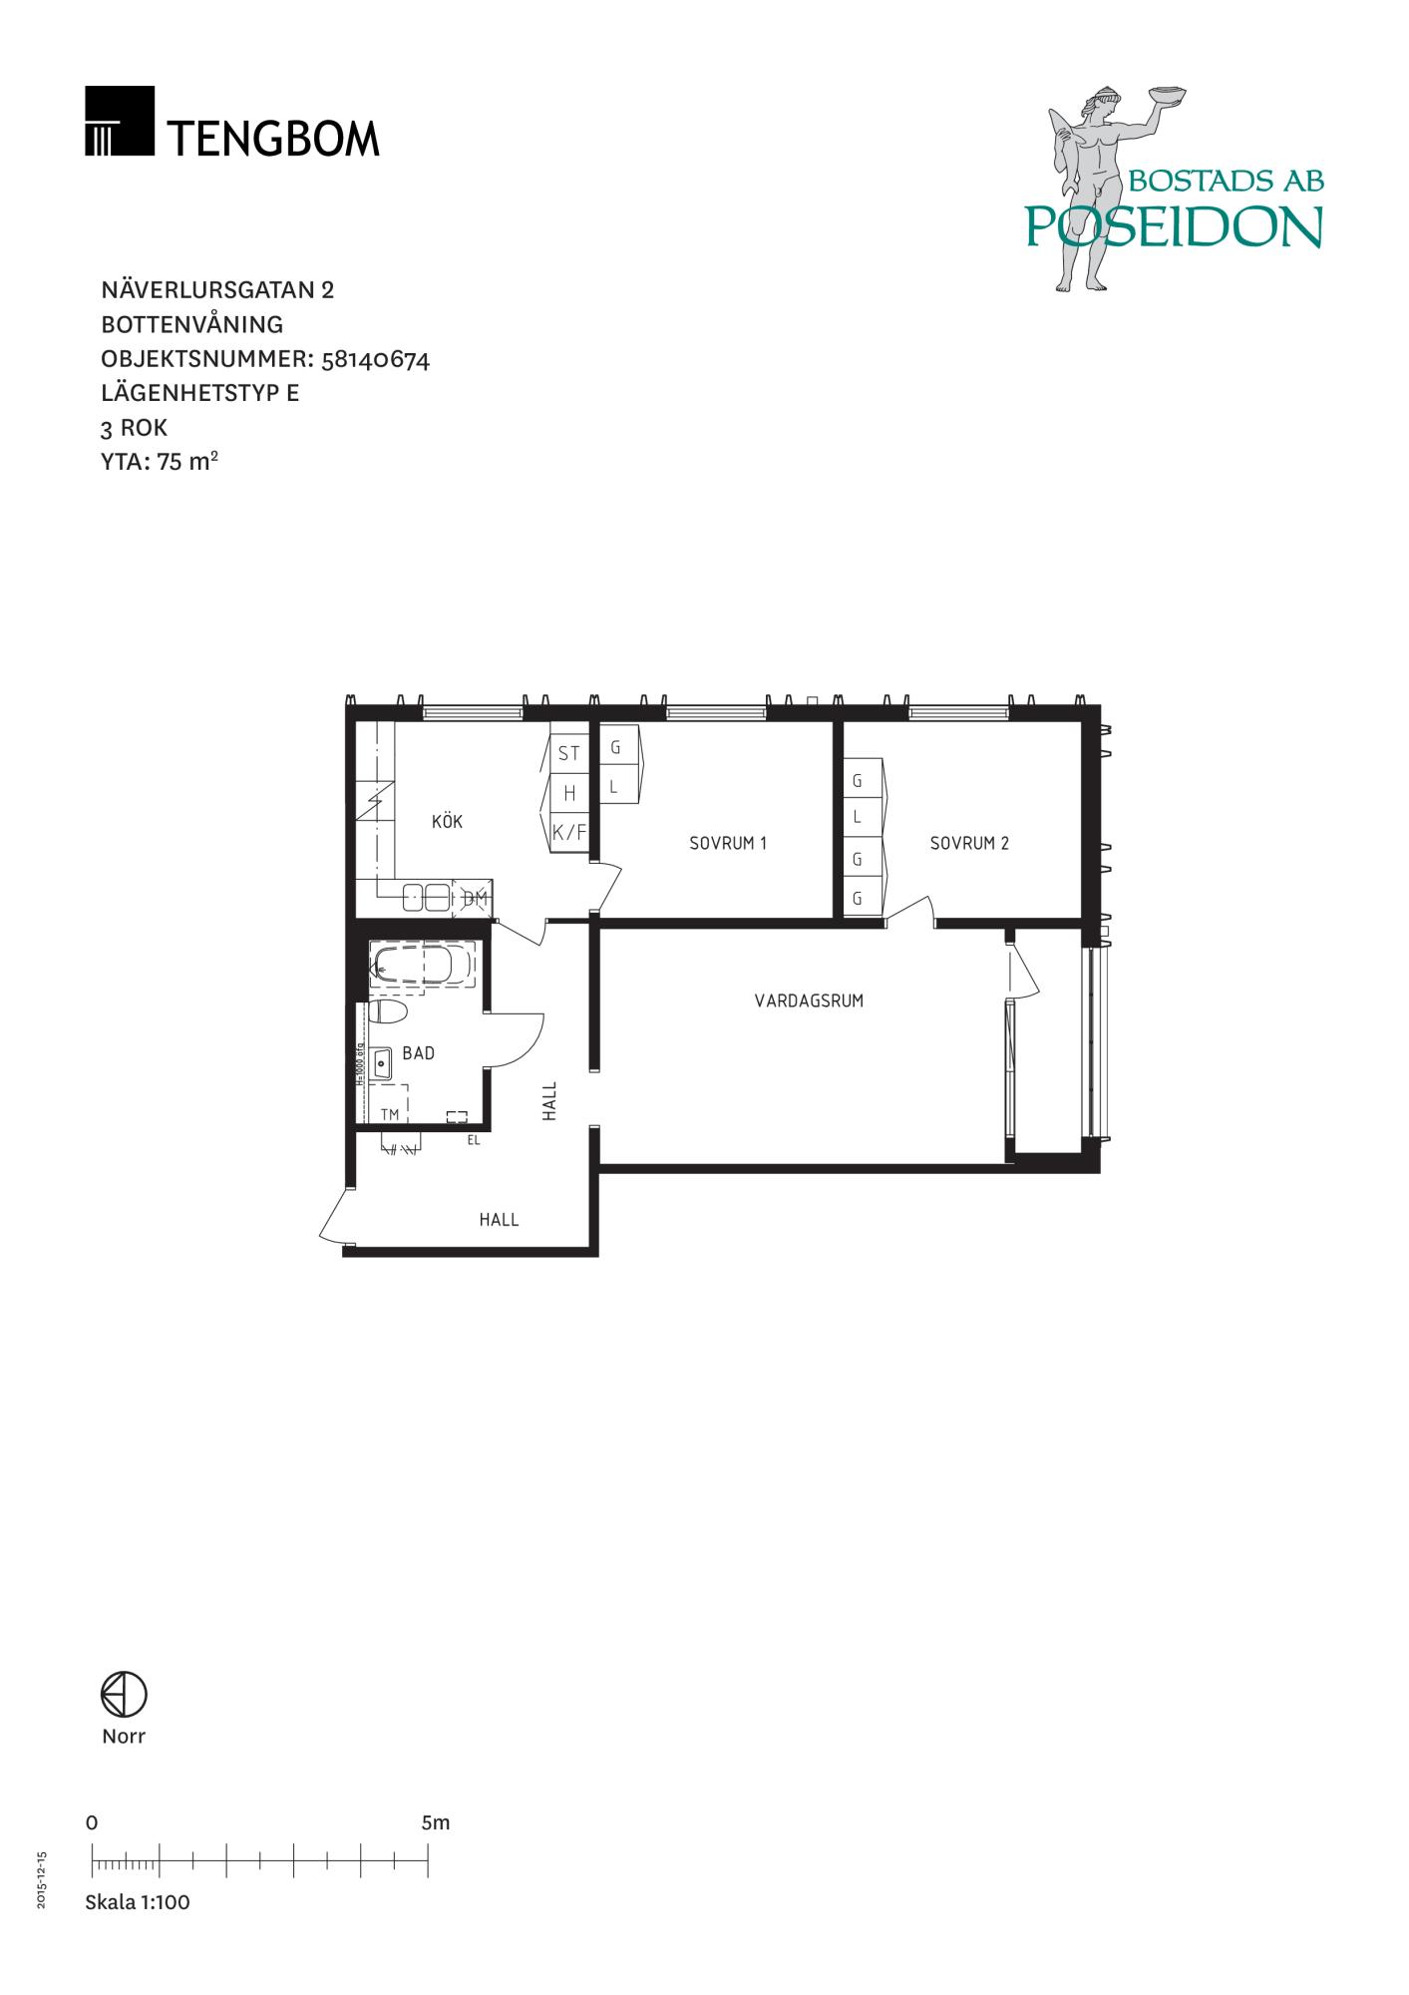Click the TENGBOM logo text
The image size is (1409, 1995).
pyautogui.click(x=272, y=138)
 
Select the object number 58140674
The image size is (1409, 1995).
pyautogui.click(x=377, y=358)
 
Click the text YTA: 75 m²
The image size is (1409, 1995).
pyautogui.click(x=160, y=461)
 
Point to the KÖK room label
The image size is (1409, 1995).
pyautogui.click(x=447, y=822)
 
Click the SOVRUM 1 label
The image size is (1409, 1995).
pyautogui.click(x=728, y=843)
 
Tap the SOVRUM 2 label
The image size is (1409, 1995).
pyautogui.click(x=969, y=843)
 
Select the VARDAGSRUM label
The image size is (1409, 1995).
pyautogui.click(x=809, y=1000)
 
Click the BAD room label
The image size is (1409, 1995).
pyautogui.click(x=419, y=1052)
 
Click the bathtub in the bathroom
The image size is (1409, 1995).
pyautogui.click(x=424, y=966)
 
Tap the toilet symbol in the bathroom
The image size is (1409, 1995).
pyautogui.click(x=388, y=1012)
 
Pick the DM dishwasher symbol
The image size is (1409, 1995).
pyautogui.click(x=475, y=899)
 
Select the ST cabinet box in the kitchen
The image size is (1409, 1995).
pyautogui.click(x=569, y=754)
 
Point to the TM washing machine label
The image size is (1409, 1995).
pyautogui.click(x=390, y=1114)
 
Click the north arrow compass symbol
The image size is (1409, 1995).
pyautogui.click(x=124, y=1695)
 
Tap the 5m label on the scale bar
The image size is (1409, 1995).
pyautogui.click(x=436, y=1822)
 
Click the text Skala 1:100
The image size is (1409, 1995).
pyautogui.click(x=138, y=1901)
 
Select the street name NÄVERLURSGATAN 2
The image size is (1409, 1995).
pyautogui.click(x=217, y=289)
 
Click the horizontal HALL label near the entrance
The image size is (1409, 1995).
pyautogui.click(x=499, y=1219)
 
